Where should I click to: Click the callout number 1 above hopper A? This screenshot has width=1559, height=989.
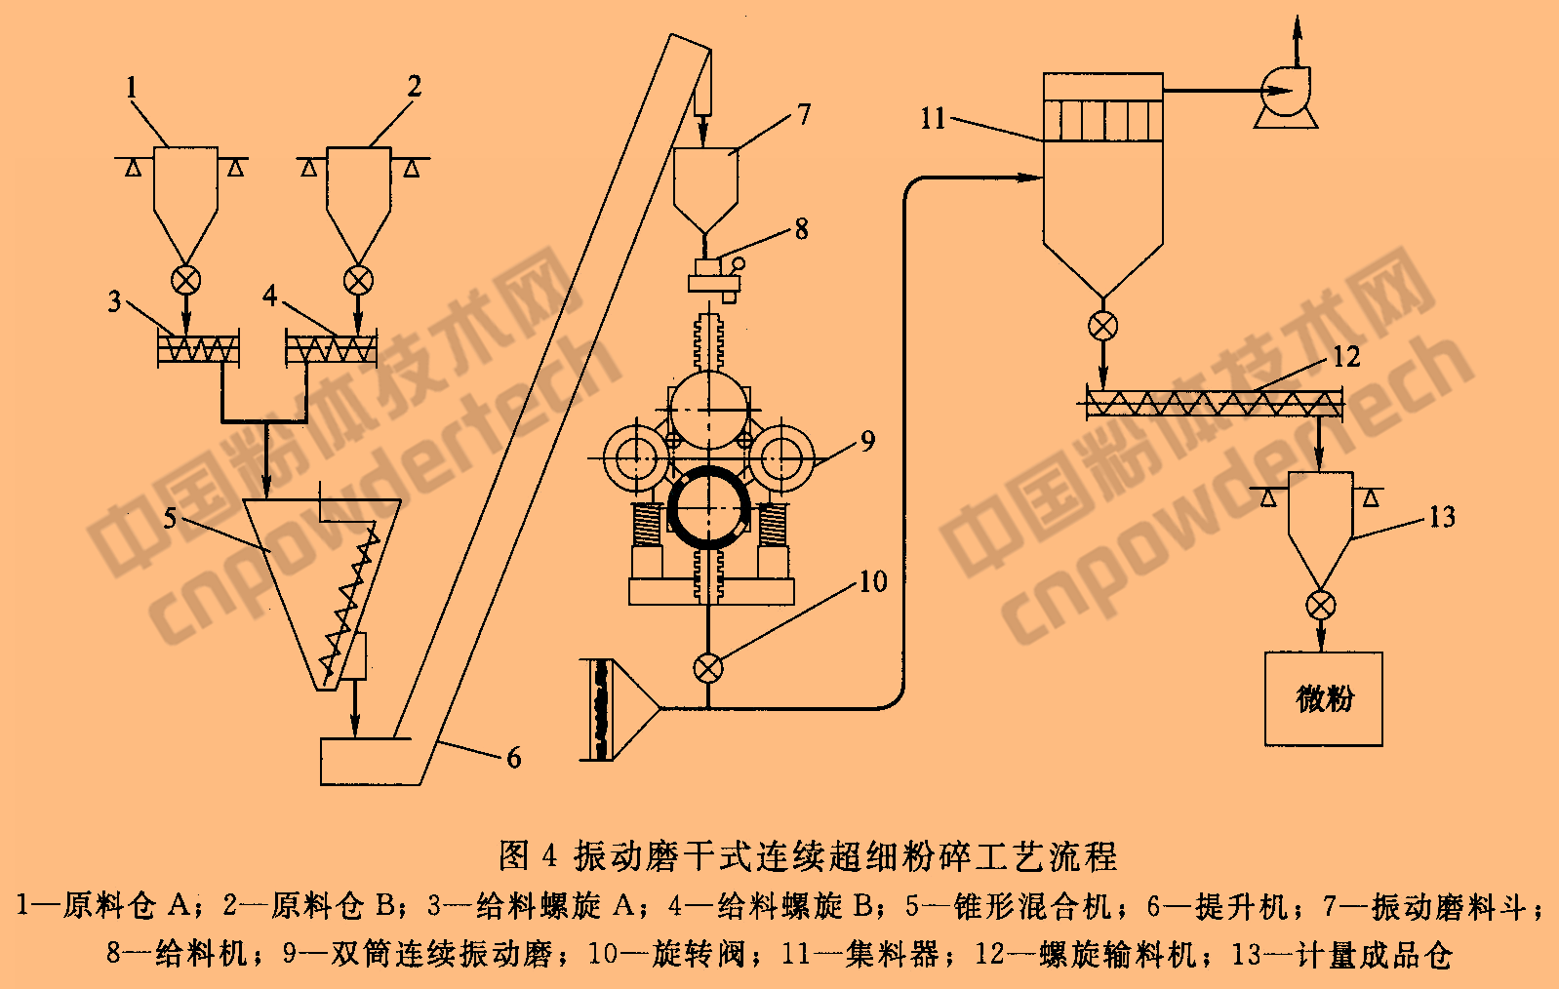pyautogui.click(x=132, y=88)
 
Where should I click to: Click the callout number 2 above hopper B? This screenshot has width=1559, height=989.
pyautogui.click(x=415, y=86)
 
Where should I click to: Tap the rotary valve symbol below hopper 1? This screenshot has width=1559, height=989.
pyautogui.click(x=185, y=281)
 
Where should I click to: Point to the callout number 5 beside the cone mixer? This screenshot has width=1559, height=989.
pyautogui.click(x=171, y=517)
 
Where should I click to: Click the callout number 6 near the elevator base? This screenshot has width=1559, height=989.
pyautogui.click(x=514, y=758)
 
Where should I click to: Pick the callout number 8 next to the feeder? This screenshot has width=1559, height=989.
pyautogui.click(x=801, y=229)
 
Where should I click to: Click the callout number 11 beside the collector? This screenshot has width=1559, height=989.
pyautogui.click(x=933, y=119)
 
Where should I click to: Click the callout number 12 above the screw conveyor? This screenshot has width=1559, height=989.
pyautogui.click(x=1345, y=357)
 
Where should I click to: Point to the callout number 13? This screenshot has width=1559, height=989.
pyautogui.click(x=1442, y=517)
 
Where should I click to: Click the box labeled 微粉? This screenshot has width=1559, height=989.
pyautogui.click(x=1324, y=699)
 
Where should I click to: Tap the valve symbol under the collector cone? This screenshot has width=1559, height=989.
pyautogui.click(x=1102, y=326)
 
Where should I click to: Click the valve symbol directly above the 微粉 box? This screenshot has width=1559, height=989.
pyautogui.click(x=1321, y=605)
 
